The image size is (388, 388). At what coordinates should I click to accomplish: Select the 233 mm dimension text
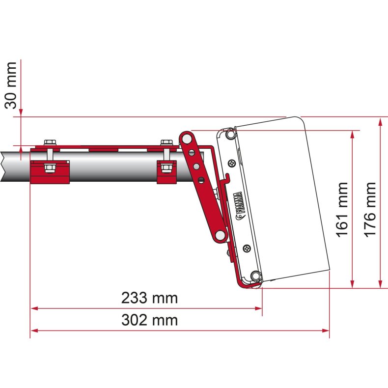click(149, 298)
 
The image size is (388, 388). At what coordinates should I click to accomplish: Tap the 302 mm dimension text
click(149, 320)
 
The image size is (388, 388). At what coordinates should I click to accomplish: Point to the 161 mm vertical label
click(342, 208)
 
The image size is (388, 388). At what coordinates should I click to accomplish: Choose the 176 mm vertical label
click(370, 208)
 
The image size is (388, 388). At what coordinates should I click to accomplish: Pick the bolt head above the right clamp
click(167, 142)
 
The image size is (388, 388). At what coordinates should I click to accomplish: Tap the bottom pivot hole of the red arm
click(221, 237)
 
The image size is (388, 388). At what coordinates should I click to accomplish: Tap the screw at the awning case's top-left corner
click(229, 133)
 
